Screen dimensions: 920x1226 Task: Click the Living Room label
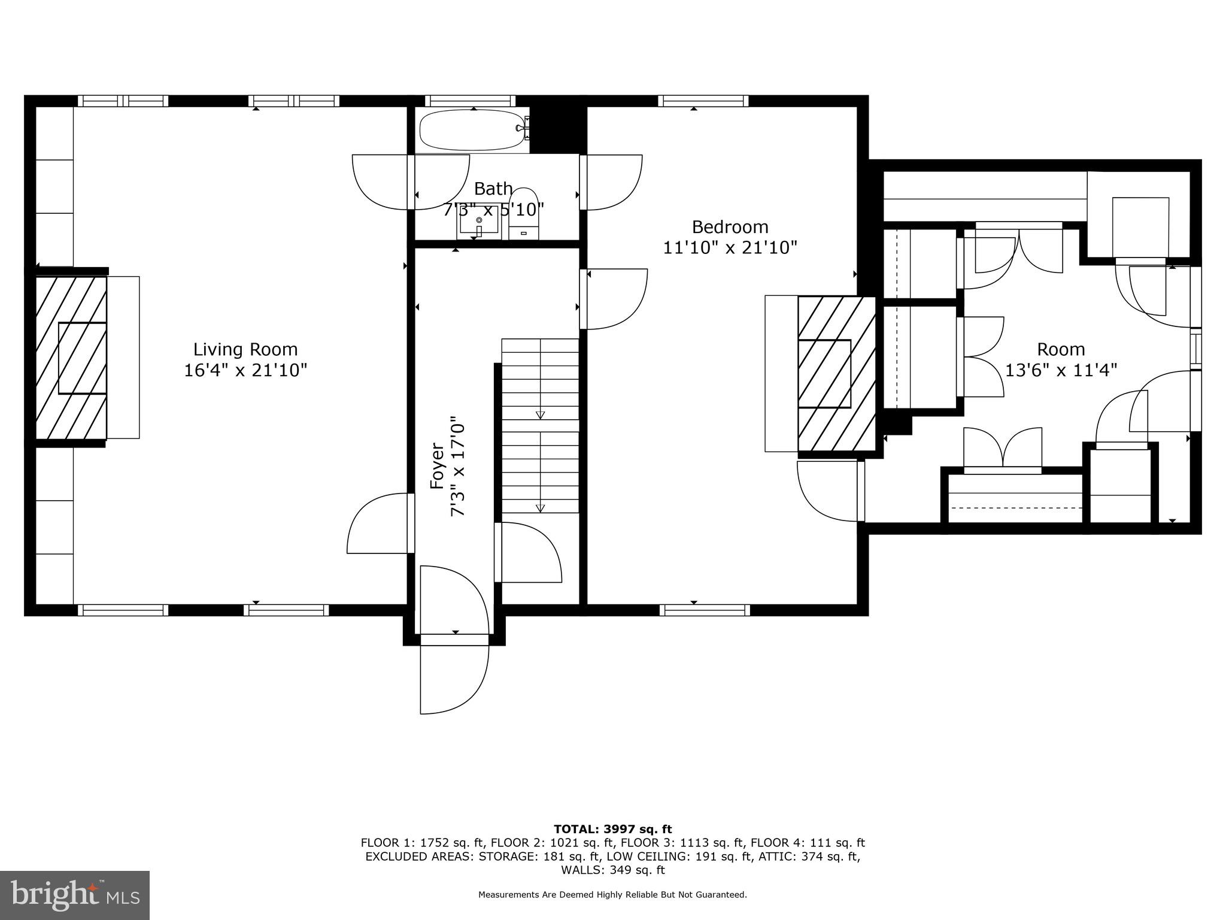coord(245,349)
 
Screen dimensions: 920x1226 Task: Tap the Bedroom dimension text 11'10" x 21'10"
coord(730,247)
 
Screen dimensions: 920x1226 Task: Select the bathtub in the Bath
coord(472,130)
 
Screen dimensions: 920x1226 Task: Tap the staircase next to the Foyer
coord(540,425)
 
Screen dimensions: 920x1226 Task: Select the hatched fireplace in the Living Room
coord(71,358)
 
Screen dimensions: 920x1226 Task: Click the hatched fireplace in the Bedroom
coord(836,374)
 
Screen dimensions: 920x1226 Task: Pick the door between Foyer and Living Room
coord(381,523)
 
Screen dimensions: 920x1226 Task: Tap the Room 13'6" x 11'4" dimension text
coord(1061,370)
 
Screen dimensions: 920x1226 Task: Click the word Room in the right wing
coord(1061,349)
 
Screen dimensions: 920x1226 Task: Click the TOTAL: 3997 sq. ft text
coord(612,829)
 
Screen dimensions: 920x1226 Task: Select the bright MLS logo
coord(75,895)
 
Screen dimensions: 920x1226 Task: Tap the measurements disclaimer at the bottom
coord(612,895)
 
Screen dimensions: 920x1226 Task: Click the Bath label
coord(493,189)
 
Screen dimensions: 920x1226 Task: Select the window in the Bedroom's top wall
coord(703,101)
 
